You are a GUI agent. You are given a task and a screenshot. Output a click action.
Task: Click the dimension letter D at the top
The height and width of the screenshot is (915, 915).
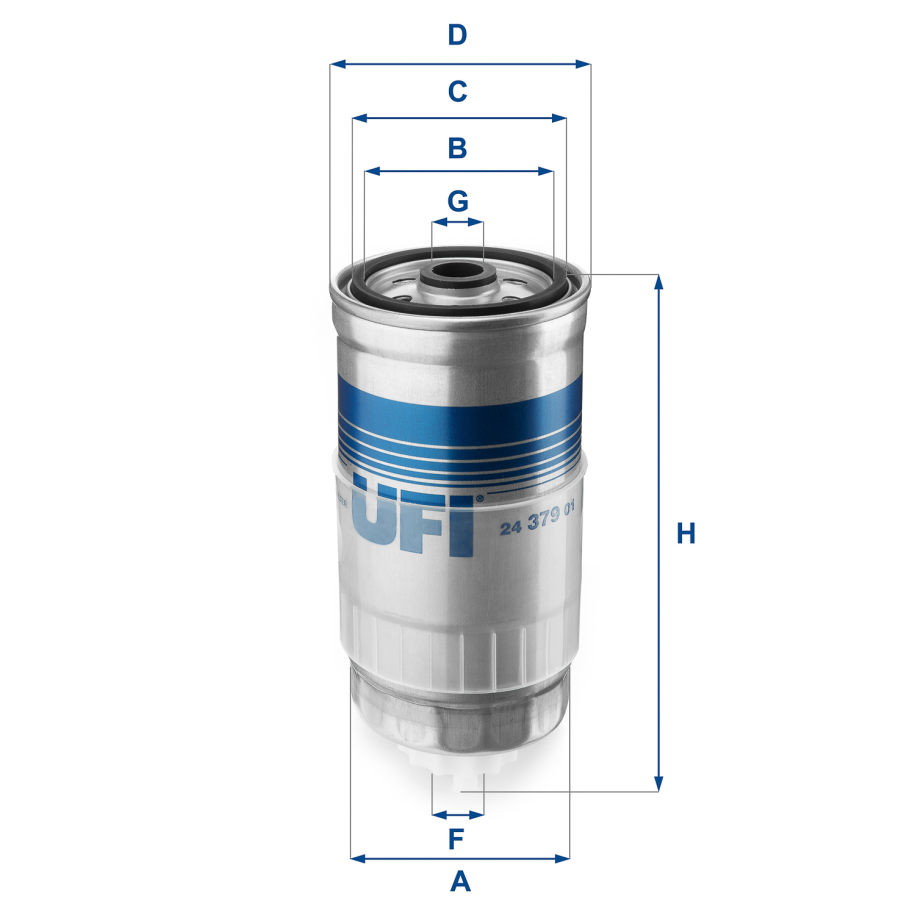pos(457,36)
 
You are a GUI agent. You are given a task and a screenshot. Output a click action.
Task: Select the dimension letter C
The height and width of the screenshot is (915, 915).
pos(457,92)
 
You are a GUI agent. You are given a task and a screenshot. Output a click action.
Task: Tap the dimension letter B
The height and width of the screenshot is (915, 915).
pos(457,148)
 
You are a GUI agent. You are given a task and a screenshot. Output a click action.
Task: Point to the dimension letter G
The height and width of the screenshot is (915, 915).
pos(458,201)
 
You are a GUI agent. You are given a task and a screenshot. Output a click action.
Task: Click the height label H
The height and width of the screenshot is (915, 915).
pos(685,534)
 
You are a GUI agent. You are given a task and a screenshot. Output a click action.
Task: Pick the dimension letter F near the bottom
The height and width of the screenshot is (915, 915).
pos(457,837)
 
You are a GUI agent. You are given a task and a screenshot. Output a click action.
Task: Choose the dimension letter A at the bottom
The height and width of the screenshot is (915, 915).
pos(459,882)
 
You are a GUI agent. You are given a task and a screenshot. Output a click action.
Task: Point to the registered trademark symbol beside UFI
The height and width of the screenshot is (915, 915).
pos(480,497)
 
